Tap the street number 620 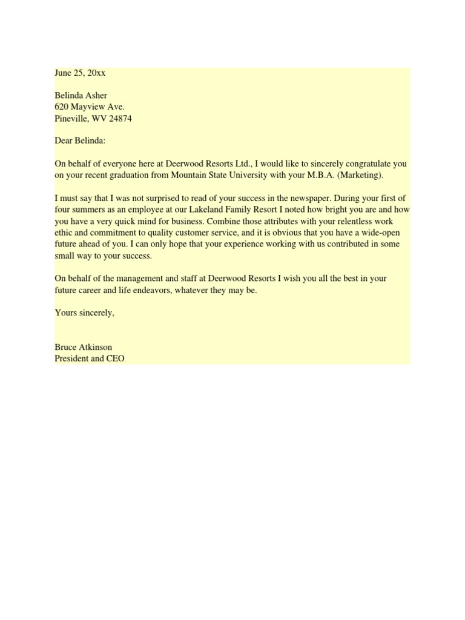(61, 107)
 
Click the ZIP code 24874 (120, 119)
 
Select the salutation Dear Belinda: (80, 141)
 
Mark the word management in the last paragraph (134, 278)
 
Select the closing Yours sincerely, (84, 312)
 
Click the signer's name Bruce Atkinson (84, 347)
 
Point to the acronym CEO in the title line (114, 358)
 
